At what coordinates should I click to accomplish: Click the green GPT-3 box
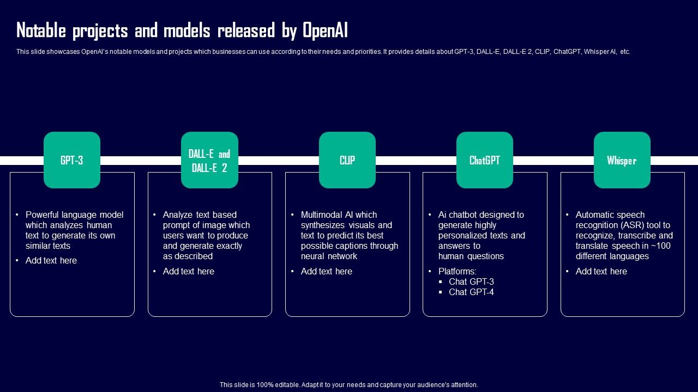pos(72,160)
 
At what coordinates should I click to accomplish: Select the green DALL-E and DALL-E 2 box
pos(210,160)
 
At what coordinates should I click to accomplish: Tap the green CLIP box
pos(347,160)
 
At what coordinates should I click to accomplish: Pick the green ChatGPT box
pos(485,160)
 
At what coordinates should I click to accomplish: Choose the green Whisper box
pos(622,160)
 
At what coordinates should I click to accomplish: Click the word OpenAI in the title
pos(325,30)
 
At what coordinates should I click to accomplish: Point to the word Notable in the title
pos(41,30)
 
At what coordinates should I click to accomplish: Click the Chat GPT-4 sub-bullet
pos(471,292)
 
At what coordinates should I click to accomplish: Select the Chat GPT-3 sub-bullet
pos(471,281)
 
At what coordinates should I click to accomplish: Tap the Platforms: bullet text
pos(457,271)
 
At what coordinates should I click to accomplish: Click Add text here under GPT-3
pos(51,260)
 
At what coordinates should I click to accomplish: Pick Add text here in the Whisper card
pos(601,271)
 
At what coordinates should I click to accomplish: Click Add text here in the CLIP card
pos(326,271)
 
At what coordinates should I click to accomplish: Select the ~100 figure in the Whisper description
pos(660,246)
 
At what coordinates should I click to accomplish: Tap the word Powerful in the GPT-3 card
pos(42,215)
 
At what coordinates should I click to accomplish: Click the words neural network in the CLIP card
pos(329,256)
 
